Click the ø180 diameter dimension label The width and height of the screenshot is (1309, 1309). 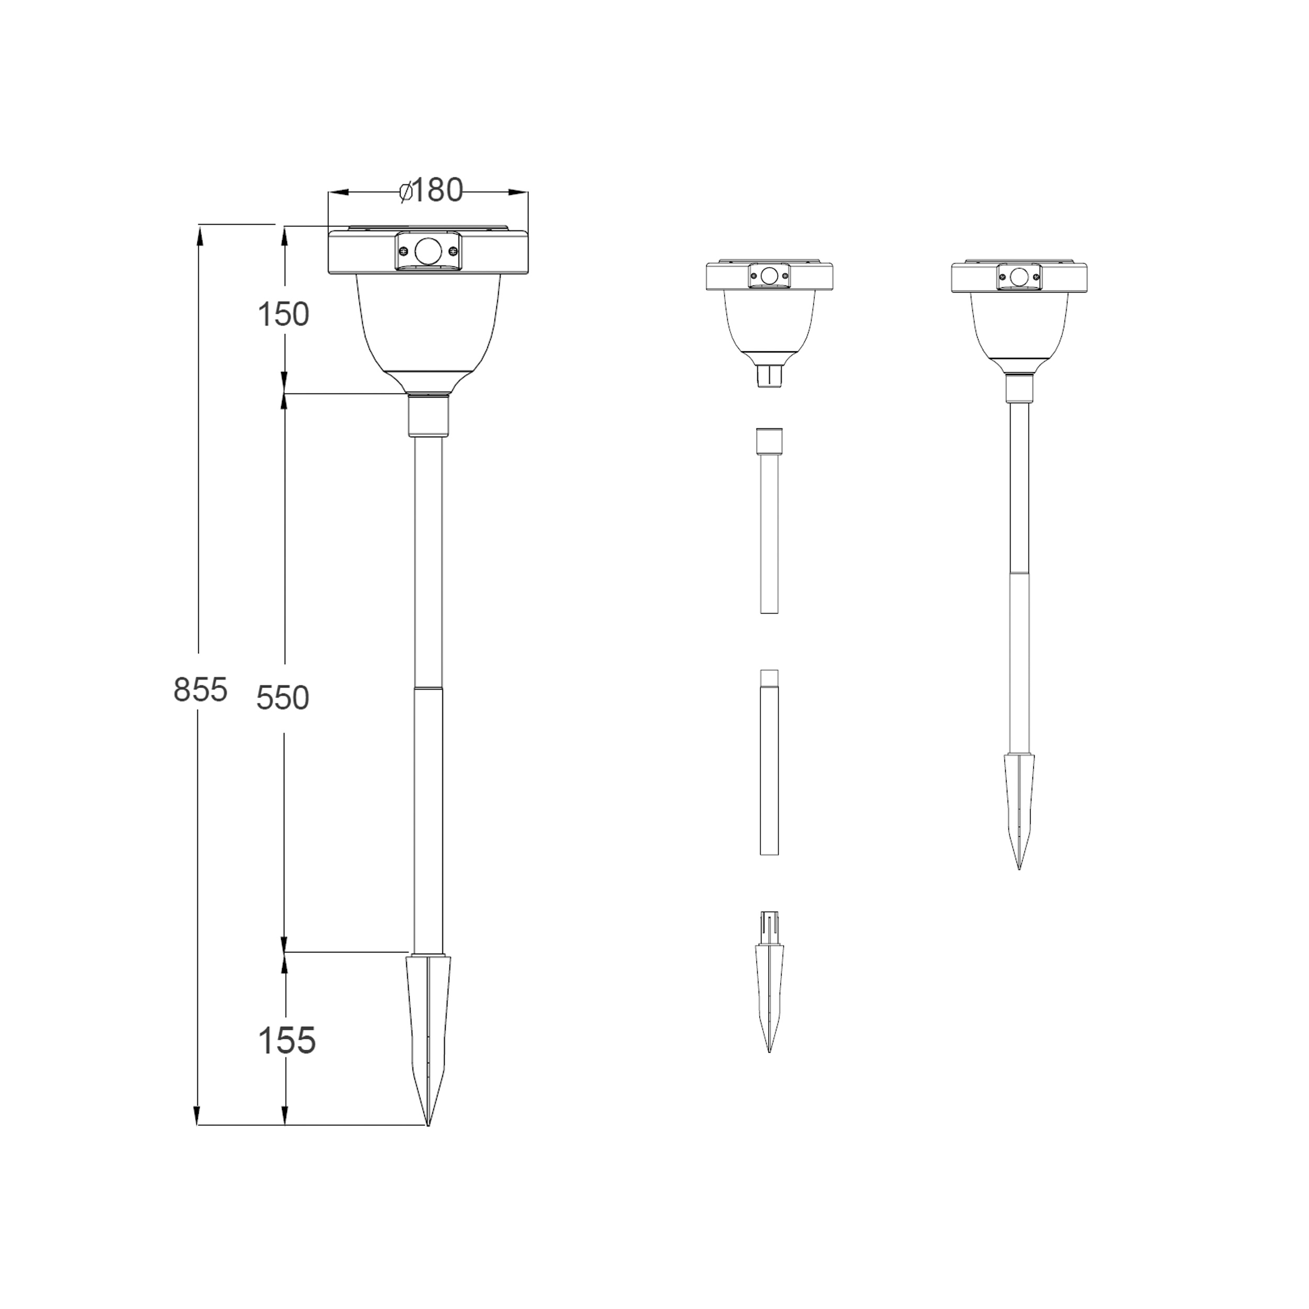coord(431,191)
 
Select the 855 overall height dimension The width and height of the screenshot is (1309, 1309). coord(200,690)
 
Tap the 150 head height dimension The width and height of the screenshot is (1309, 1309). coord(283,314)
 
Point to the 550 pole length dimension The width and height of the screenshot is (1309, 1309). coord(283,697)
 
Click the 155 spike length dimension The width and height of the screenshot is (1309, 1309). coord(286,1040)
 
